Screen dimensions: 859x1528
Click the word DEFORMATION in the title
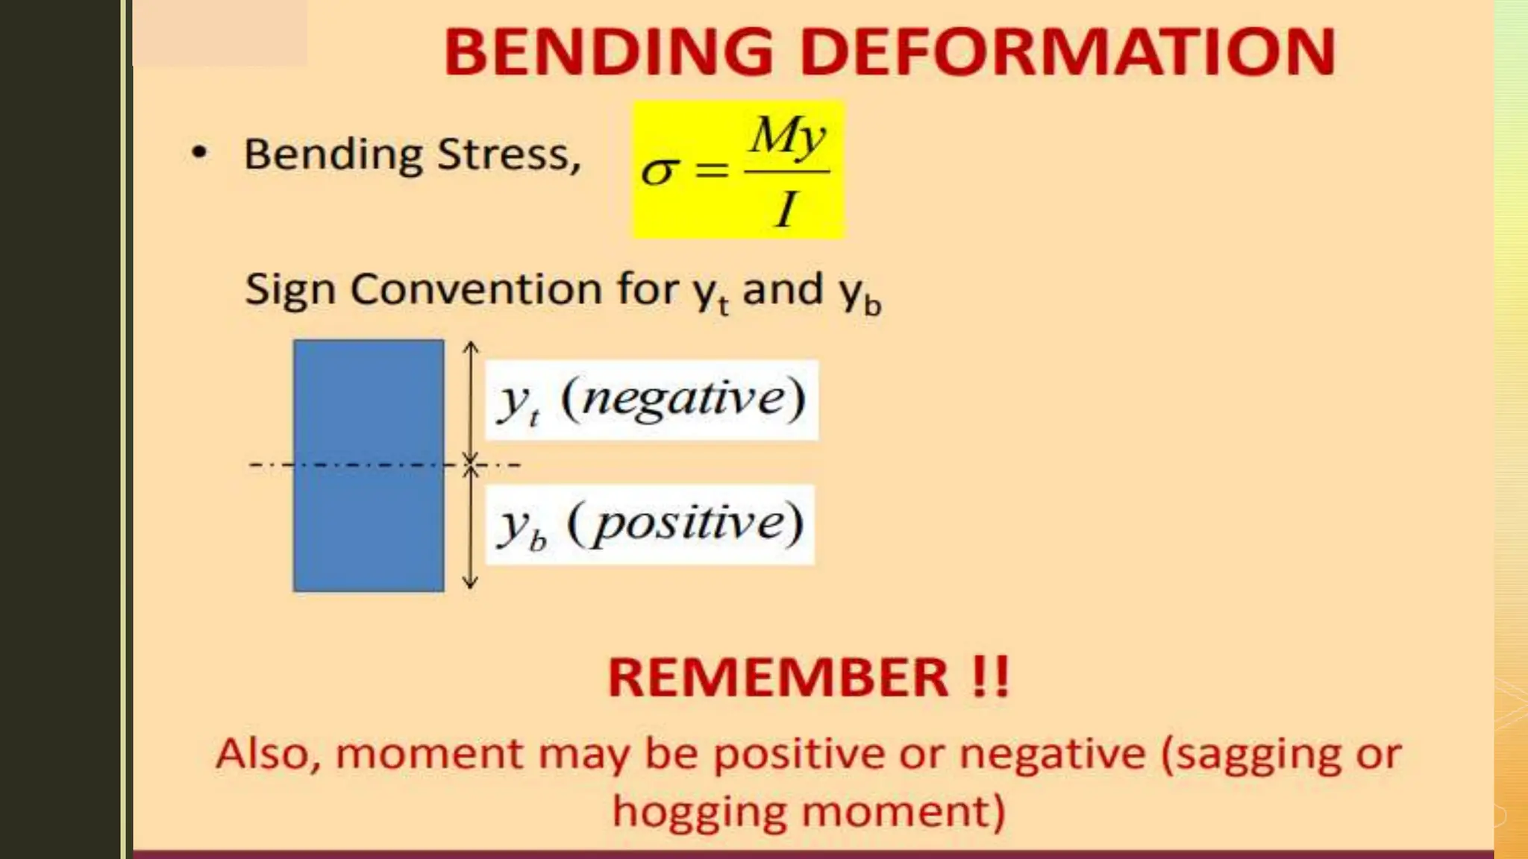[x=1068, y=52]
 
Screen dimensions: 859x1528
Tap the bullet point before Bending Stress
[x=199, y=154]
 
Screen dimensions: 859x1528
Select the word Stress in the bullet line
[x=508, y=155]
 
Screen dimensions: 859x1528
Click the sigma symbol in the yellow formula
[x=660, y=172]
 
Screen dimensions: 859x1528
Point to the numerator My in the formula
[x=788, y=136]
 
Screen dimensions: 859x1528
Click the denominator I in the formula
[x=786, y=210]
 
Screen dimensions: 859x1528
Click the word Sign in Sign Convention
[x=290, y=291]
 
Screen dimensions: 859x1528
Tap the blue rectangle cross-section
[x=369, y=465]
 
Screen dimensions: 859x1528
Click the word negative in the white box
[x=683, y=399]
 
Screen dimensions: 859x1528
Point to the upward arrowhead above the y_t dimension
[x=470, y=347]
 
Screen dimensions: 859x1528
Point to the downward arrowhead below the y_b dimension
[x=470, y=584]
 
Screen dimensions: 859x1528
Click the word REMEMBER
[x=778, y=678]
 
